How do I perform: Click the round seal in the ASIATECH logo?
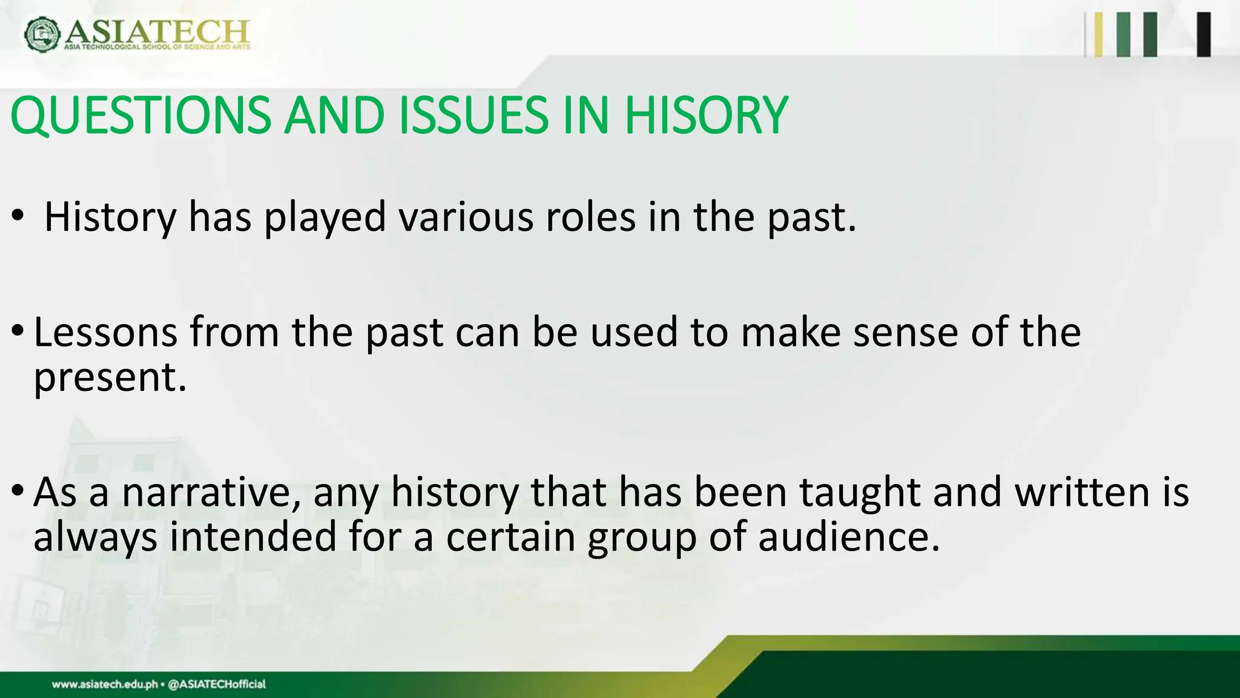42,34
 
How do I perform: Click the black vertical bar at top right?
1204,35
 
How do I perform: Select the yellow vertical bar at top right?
1098,35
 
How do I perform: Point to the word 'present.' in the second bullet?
110,377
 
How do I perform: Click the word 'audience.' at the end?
849,537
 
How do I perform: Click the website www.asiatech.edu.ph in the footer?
104,685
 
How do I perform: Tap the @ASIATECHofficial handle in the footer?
216,685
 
